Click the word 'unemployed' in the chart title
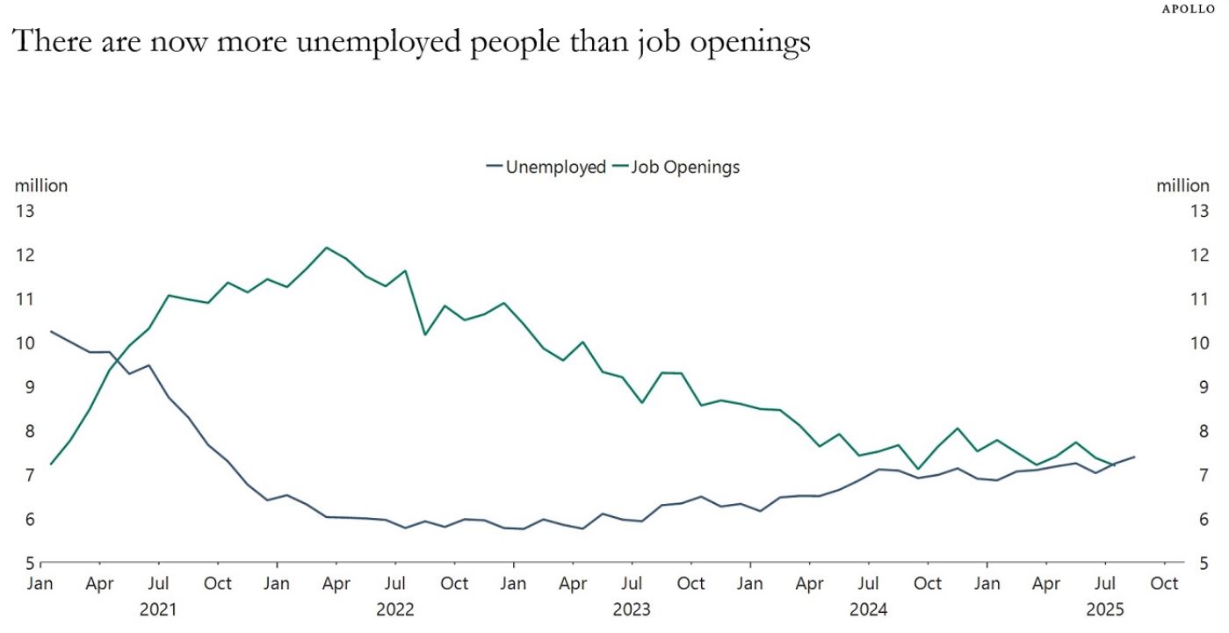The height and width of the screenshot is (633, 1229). pos(381,42)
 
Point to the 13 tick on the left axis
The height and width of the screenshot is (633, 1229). pos(25,211)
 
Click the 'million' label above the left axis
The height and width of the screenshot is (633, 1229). pos(41,185)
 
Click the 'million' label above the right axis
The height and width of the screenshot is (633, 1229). pos(1182,185)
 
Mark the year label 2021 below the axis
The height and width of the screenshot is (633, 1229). pos(159,609)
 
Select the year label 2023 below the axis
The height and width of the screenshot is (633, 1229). pos(633,609)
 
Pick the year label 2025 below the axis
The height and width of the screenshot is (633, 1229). pos(1105,609)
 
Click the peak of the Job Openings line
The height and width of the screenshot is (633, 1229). pos(327,248)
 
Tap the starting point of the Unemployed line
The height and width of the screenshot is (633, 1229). pos(51,332)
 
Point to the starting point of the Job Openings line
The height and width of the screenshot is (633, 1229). pos(51,464)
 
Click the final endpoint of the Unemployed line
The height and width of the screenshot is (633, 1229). pos(1134,457)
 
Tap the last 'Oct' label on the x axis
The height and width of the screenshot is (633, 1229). pos(1164,584)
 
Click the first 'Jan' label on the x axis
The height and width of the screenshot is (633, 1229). pos(41,584)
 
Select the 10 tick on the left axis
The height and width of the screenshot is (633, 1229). pos(25,343)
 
